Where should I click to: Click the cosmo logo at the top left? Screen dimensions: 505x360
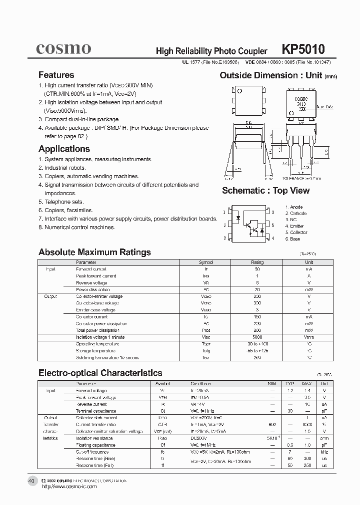tap(63, 48)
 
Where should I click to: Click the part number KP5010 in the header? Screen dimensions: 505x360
tap(303, 49)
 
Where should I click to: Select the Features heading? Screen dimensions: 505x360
tap(56, 75)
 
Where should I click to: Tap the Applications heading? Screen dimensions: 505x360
tap(64, 149)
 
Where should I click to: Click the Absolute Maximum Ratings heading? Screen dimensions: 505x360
tap(94, 252)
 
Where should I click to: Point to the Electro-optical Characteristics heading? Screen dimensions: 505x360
tap(100, 373)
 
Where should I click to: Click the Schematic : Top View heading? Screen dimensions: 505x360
tap(265, 191)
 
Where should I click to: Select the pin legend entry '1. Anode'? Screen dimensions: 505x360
tap(294, 207)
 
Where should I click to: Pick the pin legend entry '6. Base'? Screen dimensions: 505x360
tap(293, 239)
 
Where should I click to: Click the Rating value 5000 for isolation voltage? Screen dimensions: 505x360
tap(257, 337)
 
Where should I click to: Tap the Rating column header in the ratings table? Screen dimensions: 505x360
tap(257, 262)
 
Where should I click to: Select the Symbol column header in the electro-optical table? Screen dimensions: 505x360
tap(163, 384)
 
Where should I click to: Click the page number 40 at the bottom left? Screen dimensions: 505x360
tap(31, 481)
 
